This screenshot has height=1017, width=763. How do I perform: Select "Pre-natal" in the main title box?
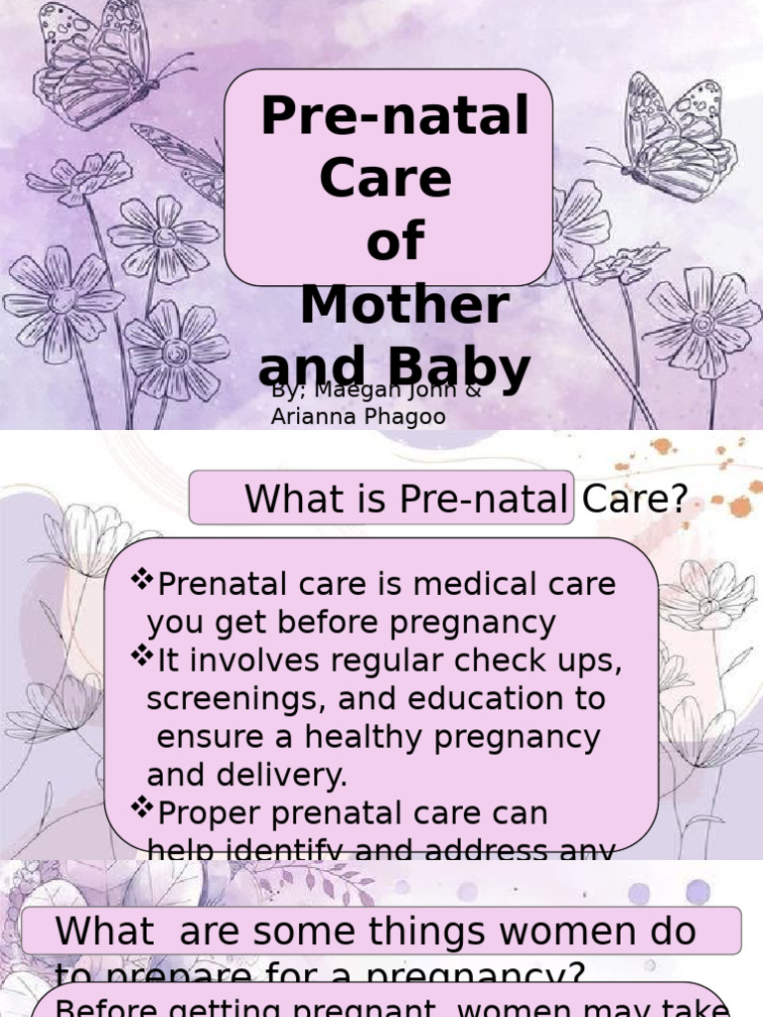[x=394, y=118]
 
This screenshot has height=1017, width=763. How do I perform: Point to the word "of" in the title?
[x=394, y=242]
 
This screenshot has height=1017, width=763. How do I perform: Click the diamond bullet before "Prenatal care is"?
[x=143, y=579]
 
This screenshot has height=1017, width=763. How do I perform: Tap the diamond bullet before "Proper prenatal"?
[x=143, y=808]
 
